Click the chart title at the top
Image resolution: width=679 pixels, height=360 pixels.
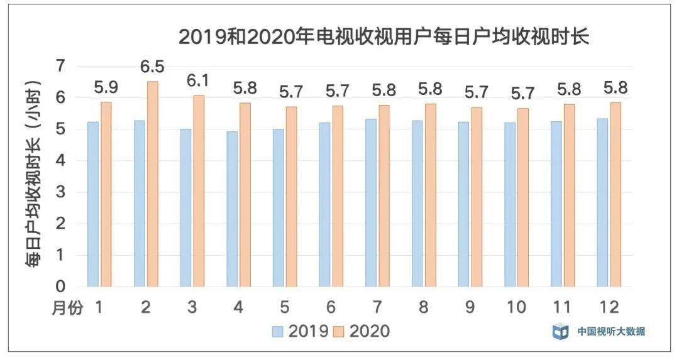point(384,36)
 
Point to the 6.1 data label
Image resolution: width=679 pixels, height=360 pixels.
point(199,81)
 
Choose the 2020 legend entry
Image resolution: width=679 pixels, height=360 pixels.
point(360,331)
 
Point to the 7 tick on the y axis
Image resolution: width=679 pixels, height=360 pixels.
point(60,66)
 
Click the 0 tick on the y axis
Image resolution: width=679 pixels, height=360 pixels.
point(60,286)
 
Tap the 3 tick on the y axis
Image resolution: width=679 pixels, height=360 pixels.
point(60,192)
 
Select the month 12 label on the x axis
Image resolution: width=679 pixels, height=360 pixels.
point(610,307)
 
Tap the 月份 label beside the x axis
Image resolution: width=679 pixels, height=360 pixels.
point(67,308)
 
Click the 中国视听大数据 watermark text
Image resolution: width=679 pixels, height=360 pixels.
point(611,331)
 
